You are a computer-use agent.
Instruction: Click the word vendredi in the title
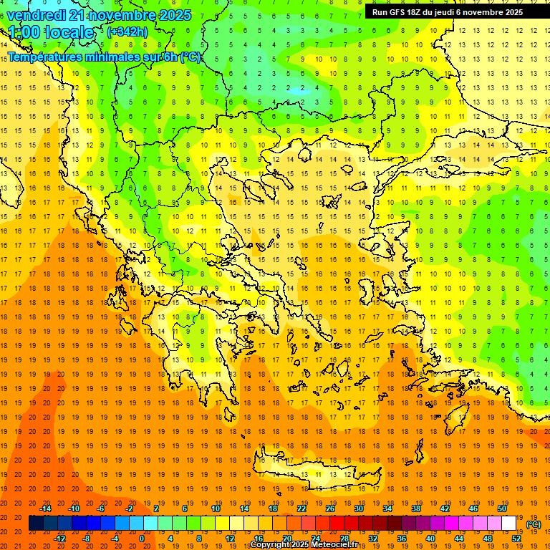(36, 15)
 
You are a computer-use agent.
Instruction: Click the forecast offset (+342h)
(127, 32)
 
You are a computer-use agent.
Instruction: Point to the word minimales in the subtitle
(115, 57)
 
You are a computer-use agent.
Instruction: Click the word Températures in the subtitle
(44, 57)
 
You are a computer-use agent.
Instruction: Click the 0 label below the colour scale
(141, 539)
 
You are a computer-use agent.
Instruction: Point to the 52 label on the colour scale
(516, 539)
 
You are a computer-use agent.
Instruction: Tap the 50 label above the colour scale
(501, 508)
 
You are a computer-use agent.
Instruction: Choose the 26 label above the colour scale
(330, 508)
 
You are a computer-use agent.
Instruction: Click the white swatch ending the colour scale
(509, 524)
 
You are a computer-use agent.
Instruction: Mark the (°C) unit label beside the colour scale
(534, 524)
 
